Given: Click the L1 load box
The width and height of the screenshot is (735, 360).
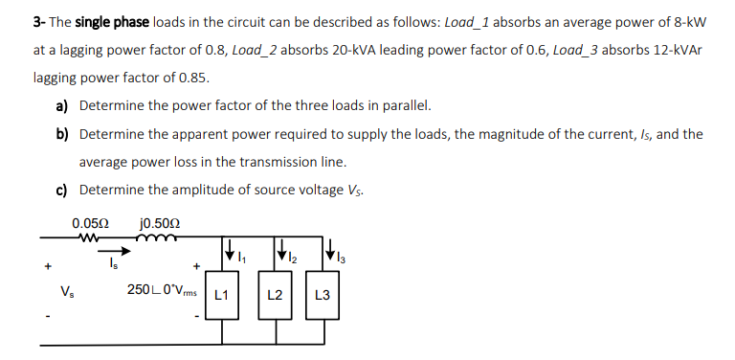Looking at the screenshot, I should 223,295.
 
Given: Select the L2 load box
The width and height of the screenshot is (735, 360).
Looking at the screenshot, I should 274,295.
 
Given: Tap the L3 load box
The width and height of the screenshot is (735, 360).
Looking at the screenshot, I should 323,295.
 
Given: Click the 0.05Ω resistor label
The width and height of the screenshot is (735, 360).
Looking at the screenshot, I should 88,223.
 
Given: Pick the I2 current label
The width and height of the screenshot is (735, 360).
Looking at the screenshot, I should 292,257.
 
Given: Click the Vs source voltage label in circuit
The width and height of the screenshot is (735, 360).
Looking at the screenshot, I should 66,291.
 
